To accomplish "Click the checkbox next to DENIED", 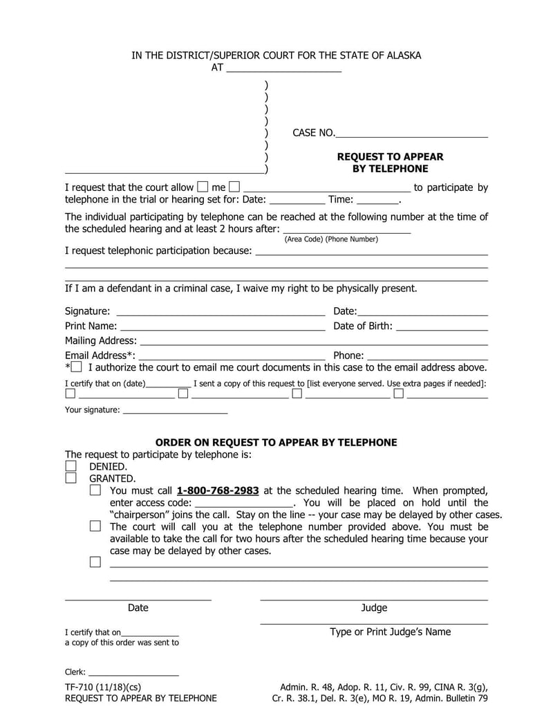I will pyautogui.click(x=71, y=467).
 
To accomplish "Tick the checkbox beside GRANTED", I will pyautogui.click(x=71, y=478).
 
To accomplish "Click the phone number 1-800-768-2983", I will pyautogui.click(x=218, y=490).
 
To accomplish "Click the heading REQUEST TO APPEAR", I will pyautogui.click(x=390, y=157).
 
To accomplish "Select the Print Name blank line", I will pyautogui.click(x=223, y=326).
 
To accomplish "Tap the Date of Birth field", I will pyautogui.click(x=442, y=326).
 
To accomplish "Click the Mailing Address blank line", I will pyautogui.click(x=314, y=340).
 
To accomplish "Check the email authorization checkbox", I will pyautogui.click(x=76, y=367).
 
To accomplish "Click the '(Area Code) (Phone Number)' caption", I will pyautogui.click(x=331, y=239).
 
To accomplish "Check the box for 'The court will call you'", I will pyautogui.click(x=95, y=526).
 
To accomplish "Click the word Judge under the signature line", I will pyautogui.click(x=374, y=608).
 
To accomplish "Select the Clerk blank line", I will pyautogui.click(x=133, y=672).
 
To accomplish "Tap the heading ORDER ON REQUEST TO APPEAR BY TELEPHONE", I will pyautogui.click(x=276, y=443).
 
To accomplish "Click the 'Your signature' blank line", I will pyautogui.click(x=174, y=410).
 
